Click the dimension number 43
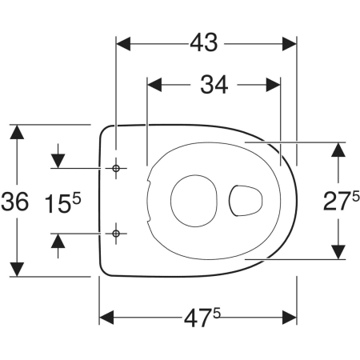pyautogui.click(x=204, y=43)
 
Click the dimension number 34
pyautogui.click(x=214, y=85)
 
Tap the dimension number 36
pyautogui.click(x=14, y=202)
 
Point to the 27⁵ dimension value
pyautogui.click(x=342, y=200)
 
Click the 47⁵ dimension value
pyautogui.click(x=202, y=318)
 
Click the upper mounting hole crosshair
pyautogui.click(x=116, y=168)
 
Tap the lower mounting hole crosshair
pyautogui.click(x=116, y=234)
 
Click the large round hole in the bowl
pyautogui.click(x=194, y=201)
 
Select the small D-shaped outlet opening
pyautogui.click(x=246, y=201)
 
